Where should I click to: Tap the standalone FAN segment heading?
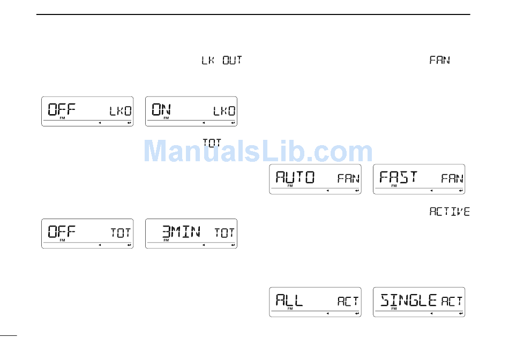[x=439, y=61]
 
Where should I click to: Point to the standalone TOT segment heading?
[x=212, y=142]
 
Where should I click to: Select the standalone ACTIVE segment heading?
[x=450, y=212]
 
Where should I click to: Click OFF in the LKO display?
[x=62, y=110]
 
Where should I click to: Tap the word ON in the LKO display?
[x=161, y=110]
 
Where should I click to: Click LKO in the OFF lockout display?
[x=121, y=111]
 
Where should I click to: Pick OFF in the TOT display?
[x=62, y=232]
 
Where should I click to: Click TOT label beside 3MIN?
[x=224, y=233]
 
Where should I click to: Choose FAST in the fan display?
[x=398, y=177]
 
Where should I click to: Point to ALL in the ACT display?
[x=289, y=300]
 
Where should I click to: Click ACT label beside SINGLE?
[x=452, y=302]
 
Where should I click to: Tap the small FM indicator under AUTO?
[x=290, y=186]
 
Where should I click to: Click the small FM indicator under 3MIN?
[x=166, y=241]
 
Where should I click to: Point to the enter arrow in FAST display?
[x=460, y=190]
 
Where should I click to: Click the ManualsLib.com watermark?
[x=258, y=151]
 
